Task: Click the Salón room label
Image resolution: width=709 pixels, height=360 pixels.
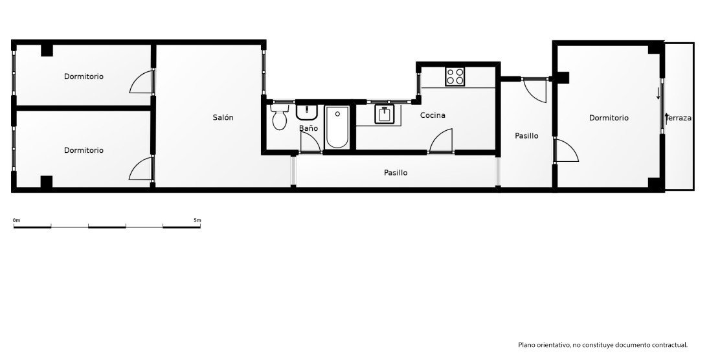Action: [223, 118]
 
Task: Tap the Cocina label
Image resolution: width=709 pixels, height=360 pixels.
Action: [433, 115]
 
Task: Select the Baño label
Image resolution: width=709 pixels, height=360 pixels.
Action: [308, 128]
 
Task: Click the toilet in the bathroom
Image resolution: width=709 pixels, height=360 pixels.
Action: [280, 117]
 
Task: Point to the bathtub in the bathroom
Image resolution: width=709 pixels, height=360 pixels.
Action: [337, 127]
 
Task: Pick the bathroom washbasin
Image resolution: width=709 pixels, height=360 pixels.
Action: [308, 112]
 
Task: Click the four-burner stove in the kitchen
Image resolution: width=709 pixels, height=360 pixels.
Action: [455, 76]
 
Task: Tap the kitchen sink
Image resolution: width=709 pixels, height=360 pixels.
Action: [385, 114]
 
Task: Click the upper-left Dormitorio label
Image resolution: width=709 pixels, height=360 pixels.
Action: [84, 76]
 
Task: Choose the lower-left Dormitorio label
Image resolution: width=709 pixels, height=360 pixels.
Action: [84, 150]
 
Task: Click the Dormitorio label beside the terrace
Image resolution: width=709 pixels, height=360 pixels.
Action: [609, 118]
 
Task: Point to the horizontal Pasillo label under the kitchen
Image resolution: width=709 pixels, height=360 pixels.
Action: [396, 173]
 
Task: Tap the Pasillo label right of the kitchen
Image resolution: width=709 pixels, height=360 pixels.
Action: [527, 136]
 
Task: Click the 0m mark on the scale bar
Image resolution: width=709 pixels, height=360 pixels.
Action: [16, 221]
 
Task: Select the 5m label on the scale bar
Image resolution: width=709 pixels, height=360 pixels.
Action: [197, 221]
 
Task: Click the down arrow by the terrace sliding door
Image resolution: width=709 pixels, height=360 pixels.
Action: [658, 93]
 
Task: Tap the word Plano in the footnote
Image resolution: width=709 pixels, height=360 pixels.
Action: [526, 345]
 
